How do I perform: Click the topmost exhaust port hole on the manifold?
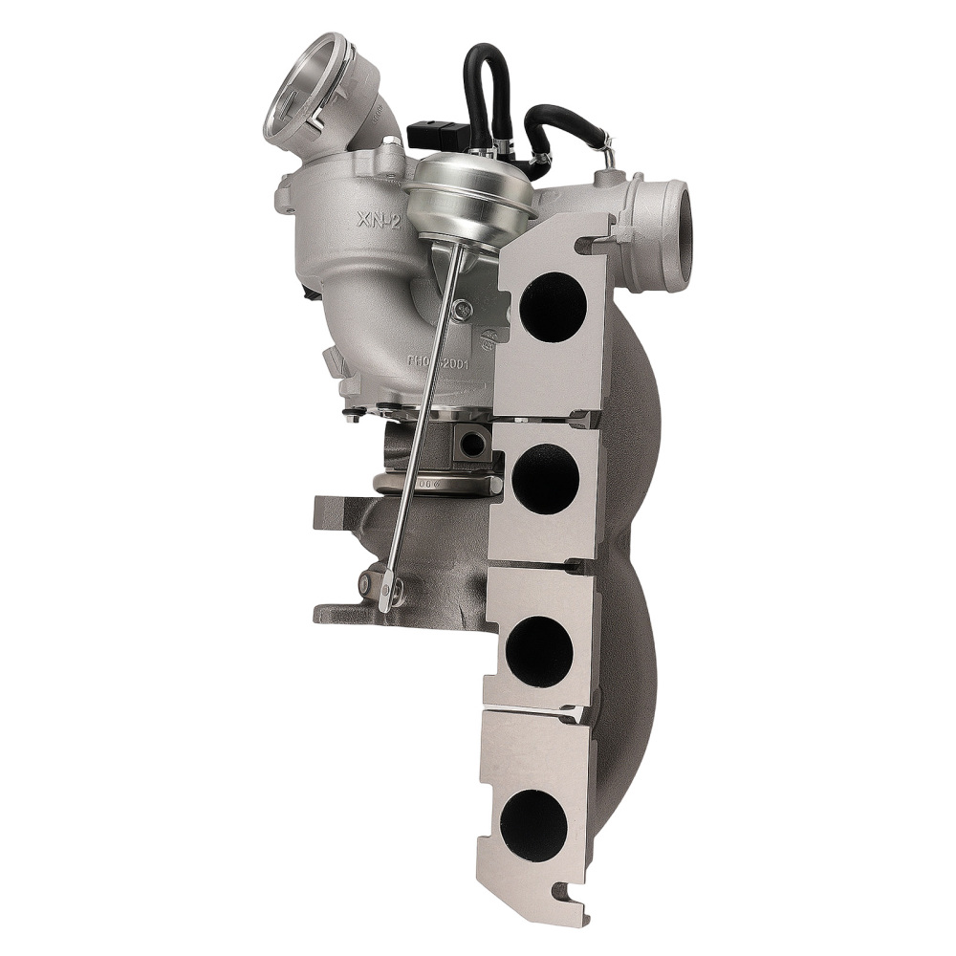553,308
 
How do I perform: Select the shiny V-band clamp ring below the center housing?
440,484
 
